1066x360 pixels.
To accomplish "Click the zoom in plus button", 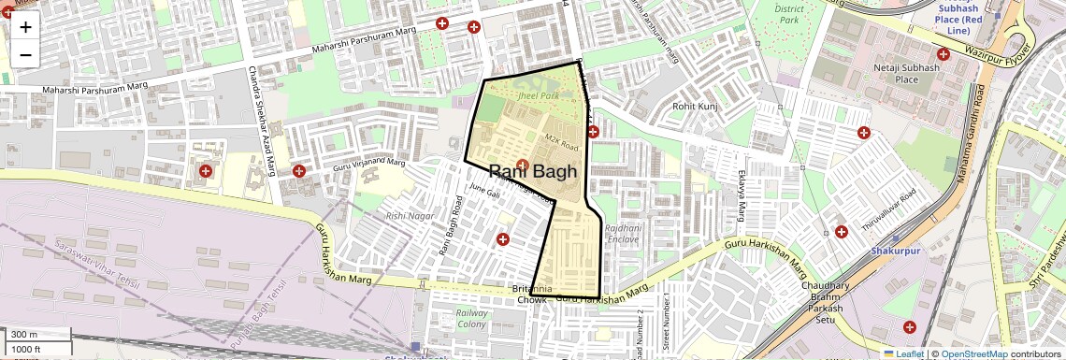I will (x=25, y=27).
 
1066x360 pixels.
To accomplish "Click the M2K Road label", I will (x=562, y=142).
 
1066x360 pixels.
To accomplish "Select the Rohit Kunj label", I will (x=694, y=107).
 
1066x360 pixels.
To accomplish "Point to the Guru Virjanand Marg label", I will (x=368, y=166).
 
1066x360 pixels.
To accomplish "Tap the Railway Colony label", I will (x=472, y=319).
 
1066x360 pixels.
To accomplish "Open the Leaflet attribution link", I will (x=903, y=354).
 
